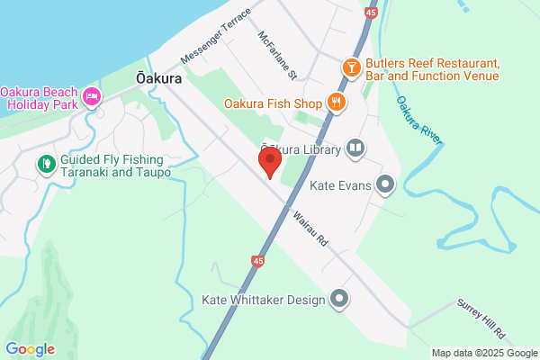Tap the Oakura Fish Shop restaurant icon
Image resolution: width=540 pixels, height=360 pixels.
pyautogui.click(x=337, y=102)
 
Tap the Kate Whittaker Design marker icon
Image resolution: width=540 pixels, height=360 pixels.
pyautogui.click(x=339, y=299)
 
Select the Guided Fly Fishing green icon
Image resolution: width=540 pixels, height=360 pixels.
pyautogui.click(x=45, y=165)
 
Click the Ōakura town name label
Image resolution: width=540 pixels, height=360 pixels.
pyautogui.click(x=159, y=78)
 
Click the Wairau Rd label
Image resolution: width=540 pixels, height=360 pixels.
pyautogui.click(x=308, y=229)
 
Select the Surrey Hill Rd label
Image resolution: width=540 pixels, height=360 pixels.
pyautogui.click(x=481, y=319)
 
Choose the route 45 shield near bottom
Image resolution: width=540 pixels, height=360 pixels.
pyautogui.click(x=258, y=261)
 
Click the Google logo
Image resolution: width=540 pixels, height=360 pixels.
pyautogui.click(x=30, y=349)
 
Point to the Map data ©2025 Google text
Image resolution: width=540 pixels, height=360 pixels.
pyautogui.click(x=482, y=353)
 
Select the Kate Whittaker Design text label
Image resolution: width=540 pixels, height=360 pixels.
pyautogui.click(x=263, y=299)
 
